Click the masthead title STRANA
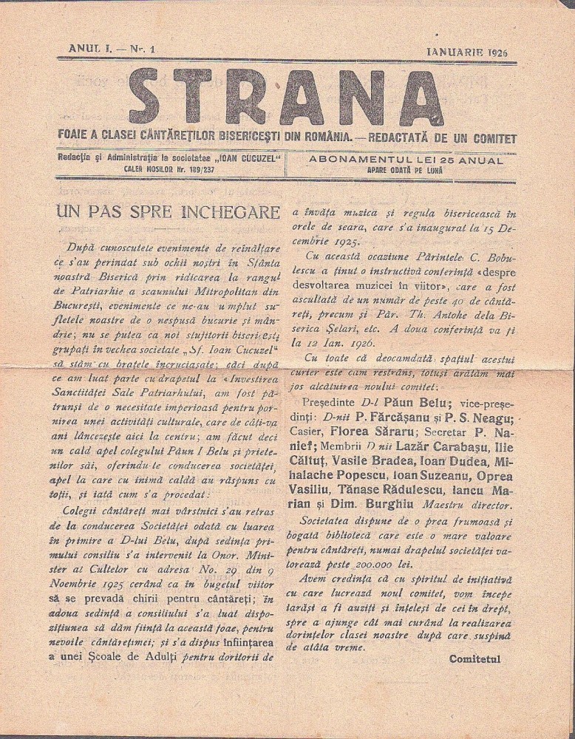click(287, 98)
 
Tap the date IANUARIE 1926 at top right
click(471, 52)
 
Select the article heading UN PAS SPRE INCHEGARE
click(168, 213)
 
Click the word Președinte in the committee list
click(330, 403)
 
